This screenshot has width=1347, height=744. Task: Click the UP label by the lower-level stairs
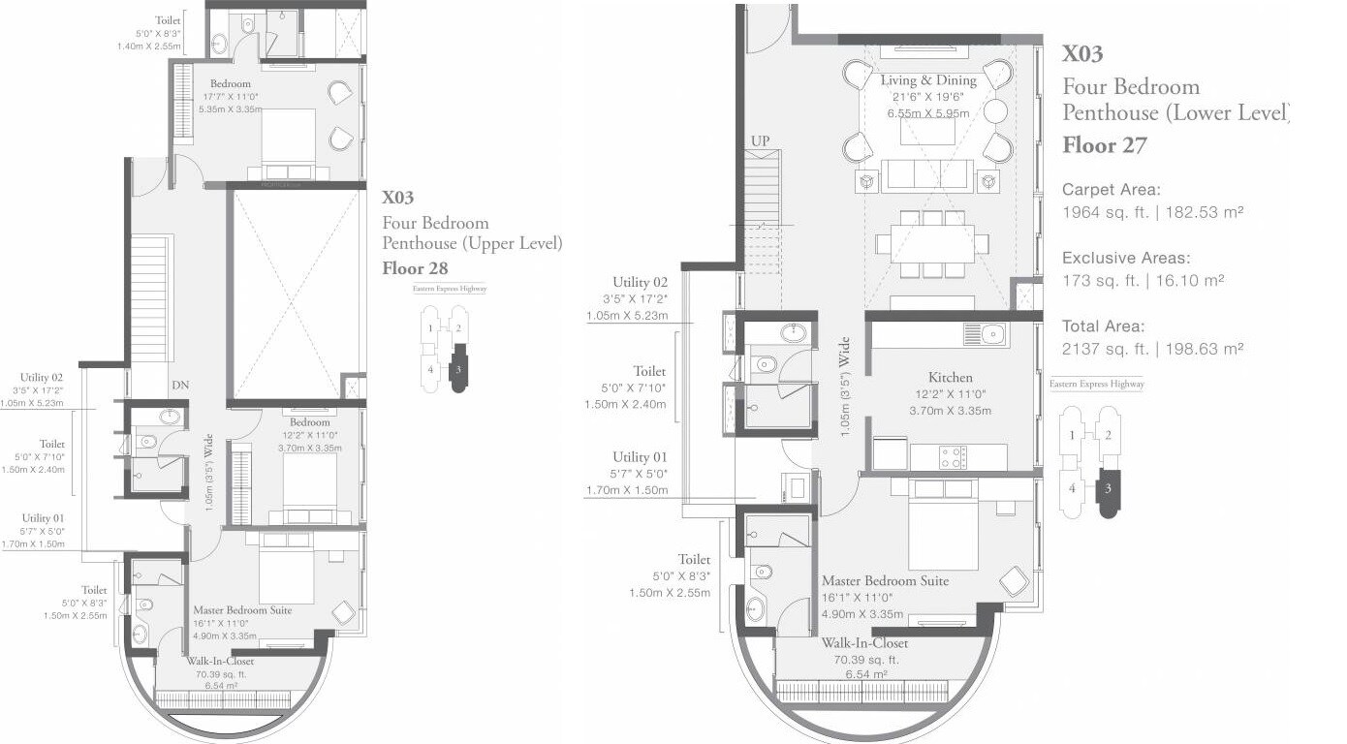pos(761,141)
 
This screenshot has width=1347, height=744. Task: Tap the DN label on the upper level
pos(180,386)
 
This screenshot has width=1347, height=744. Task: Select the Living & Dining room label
pos(927,80)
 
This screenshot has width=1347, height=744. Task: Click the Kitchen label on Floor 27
pos(950,377)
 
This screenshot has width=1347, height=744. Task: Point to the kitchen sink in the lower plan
pos(985,335)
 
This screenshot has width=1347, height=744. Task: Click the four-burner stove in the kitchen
pos(953,457)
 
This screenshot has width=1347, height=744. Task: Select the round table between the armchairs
pos(995,111)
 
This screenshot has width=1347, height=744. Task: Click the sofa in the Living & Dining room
pos(927,176)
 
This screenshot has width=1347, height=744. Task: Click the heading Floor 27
pos(1105,146)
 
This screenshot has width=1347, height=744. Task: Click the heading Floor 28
pos(417,268)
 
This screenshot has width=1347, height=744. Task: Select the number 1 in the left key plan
pos(430,328)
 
